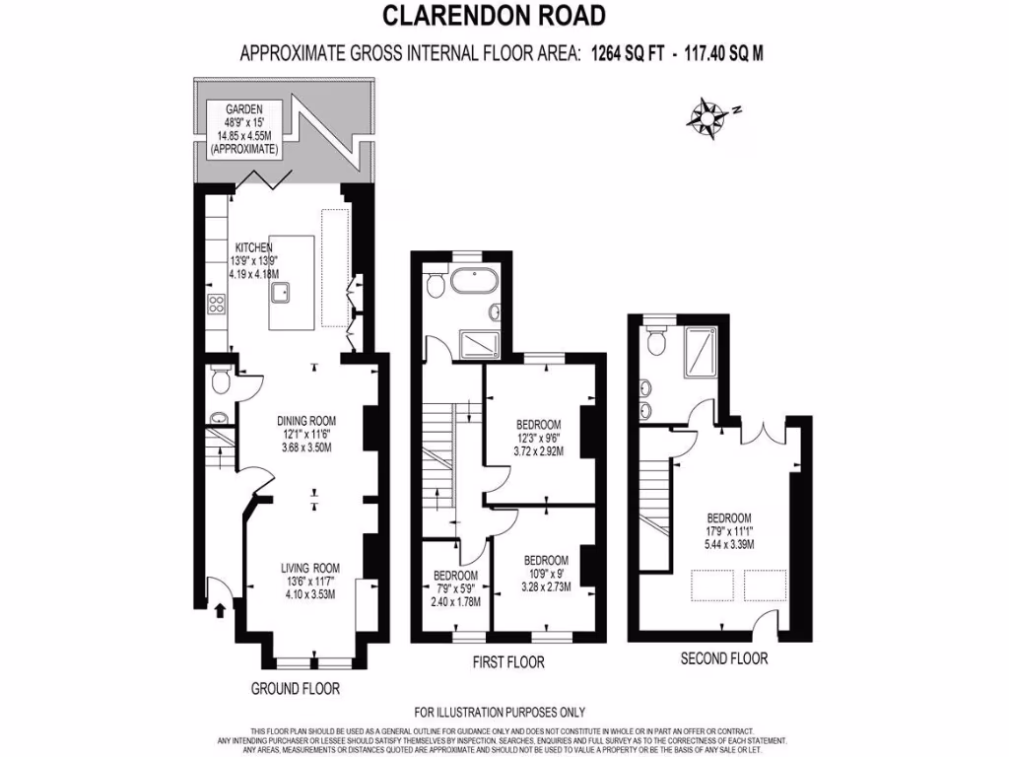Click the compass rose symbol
(707, 116)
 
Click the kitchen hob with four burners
(214, 306)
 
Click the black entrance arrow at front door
(219, 611)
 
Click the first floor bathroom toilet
(436, 285)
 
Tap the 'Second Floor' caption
(724, 657)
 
